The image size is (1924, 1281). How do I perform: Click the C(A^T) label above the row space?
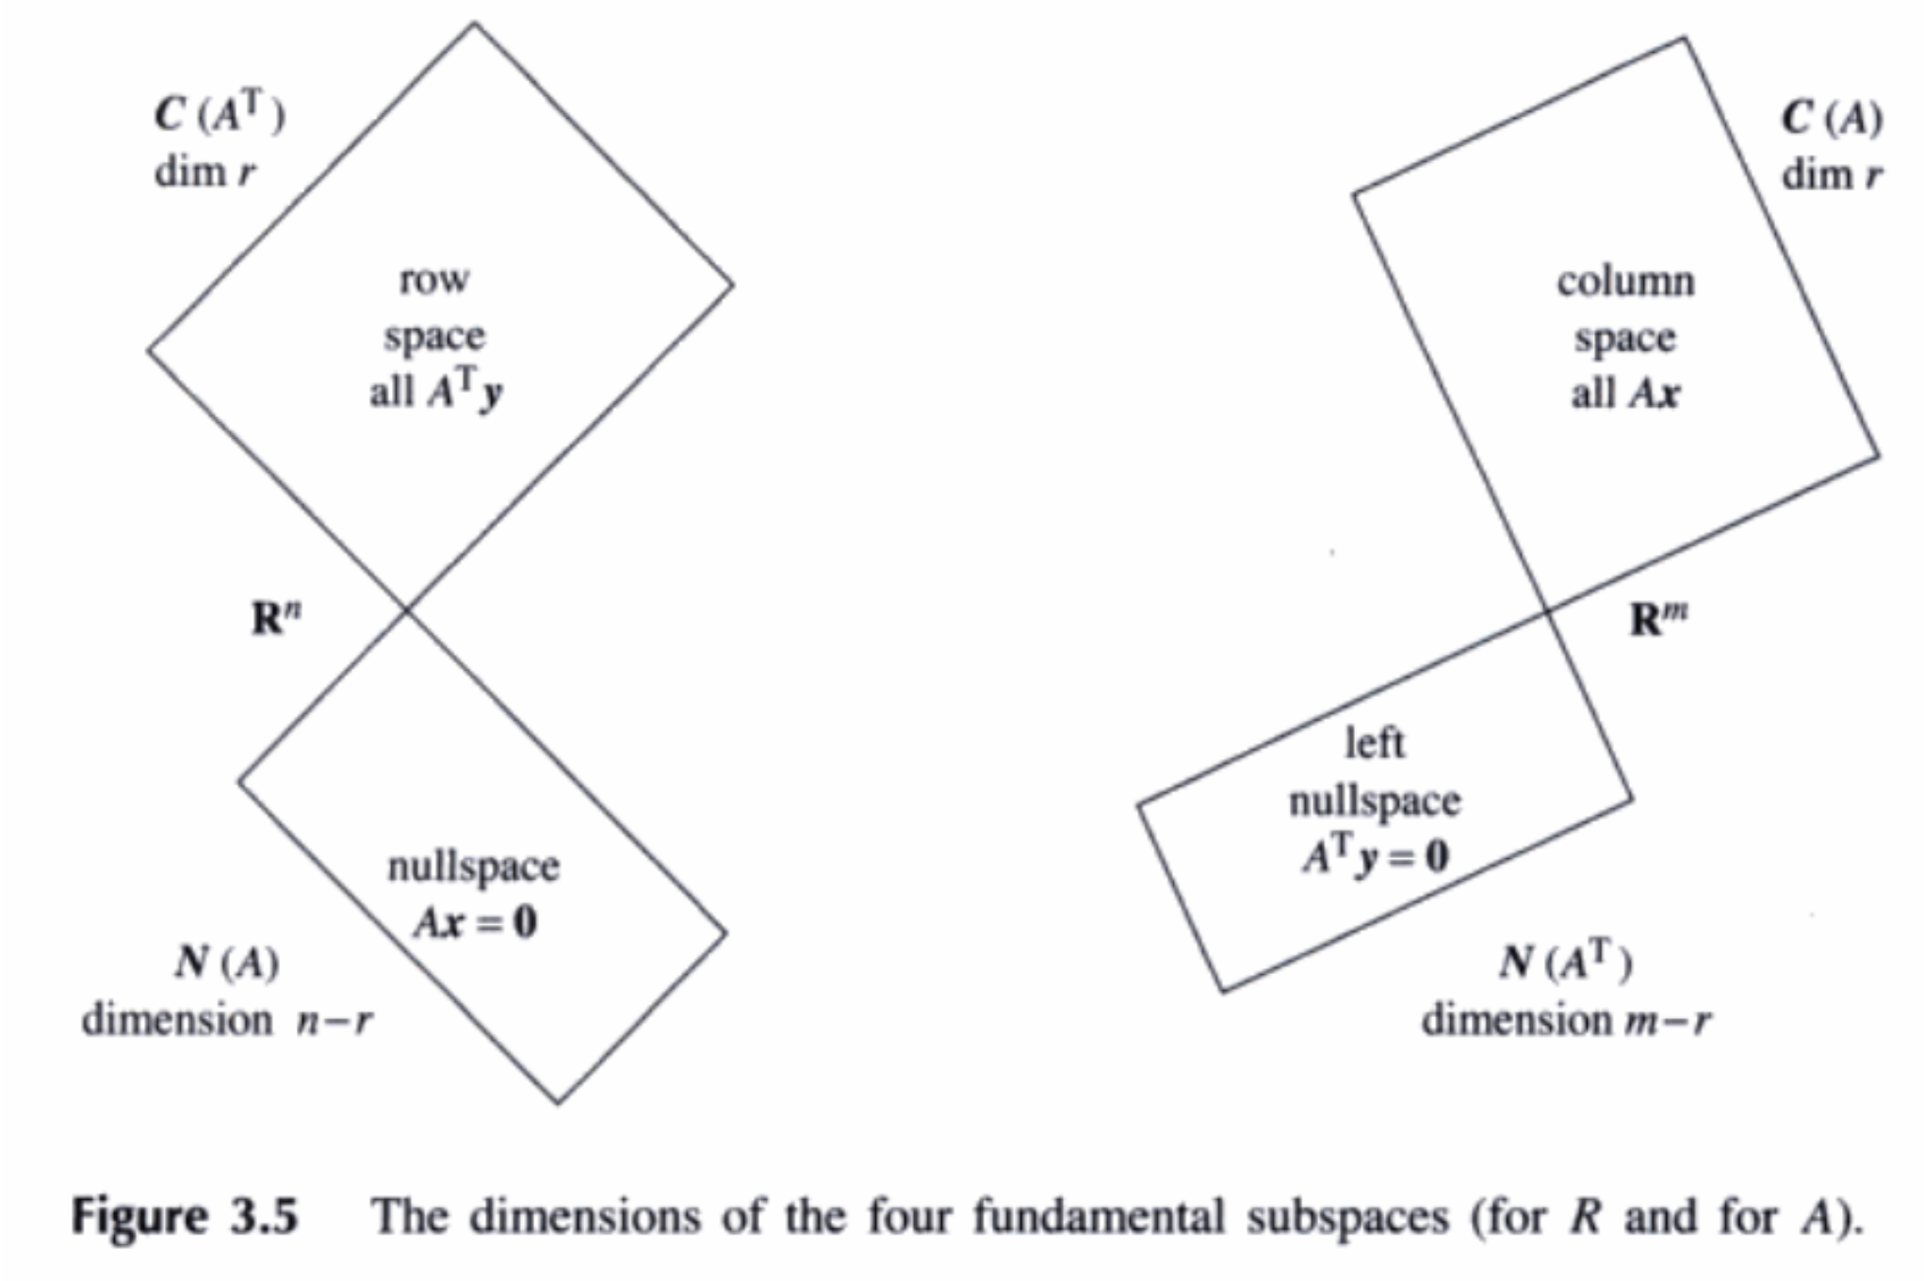click(x=220, y=115)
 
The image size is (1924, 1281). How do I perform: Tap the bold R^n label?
click(x=277, y=619)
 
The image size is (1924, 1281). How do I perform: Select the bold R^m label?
click(x=1659, y=619)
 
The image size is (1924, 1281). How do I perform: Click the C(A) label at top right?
click(x=1832, y=119)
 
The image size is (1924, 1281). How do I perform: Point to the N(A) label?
click(x=227, y=962)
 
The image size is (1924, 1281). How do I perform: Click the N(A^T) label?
click(x=1566, y=962)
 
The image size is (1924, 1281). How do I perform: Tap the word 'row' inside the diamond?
click(x=433, y=279)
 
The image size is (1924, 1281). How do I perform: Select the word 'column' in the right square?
click(x=1625, y=281)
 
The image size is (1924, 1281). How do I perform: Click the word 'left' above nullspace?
click(x=1375, y=743)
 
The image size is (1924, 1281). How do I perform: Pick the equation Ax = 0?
click(x=475, y=922)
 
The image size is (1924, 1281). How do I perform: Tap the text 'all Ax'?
click(x=1624, y=393)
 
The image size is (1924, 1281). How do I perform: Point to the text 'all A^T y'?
click(x=435, y=390)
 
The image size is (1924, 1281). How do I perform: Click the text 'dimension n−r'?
click(x=227, y=1020)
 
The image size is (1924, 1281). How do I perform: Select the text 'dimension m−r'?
click(x=1566, y=1020)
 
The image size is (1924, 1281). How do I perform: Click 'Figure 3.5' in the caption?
click(x=186, y=1215)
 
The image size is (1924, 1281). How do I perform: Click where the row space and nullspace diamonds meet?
click(x=407, y=610)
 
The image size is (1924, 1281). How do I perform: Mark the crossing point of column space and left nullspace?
click(x=1547, y=612)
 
